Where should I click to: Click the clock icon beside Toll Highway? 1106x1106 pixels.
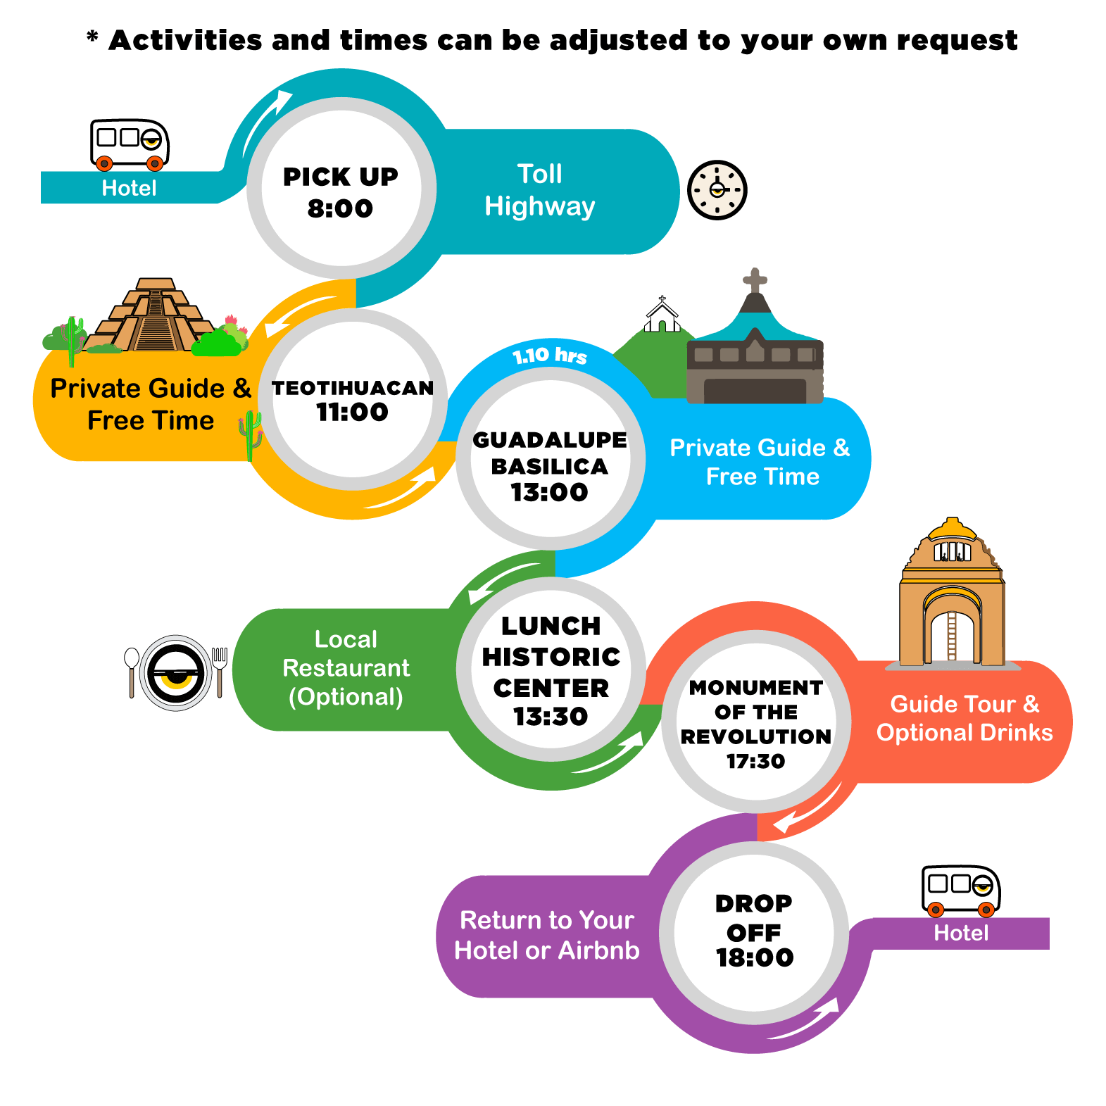pyautogui.click(x=717, y=190)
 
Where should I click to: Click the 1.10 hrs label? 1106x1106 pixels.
pyautogui.click(x=550, y=356)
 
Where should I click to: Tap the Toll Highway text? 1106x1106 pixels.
pyautogui.click(x=540, y=190)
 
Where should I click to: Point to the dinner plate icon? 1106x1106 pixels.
pyautogui.click(x=176, y=673)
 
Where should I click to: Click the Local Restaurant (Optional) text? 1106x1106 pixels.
pyautogui.click(x=346, y=668)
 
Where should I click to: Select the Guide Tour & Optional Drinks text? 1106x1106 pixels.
pyautogui.click(x=964, y=718)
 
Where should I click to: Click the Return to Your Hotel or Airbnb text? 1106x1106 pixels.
pyautogui.click(x=547, y=936)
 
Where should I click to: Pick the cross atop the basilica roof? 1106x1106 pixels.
pyautogui.click(x=755, y=280)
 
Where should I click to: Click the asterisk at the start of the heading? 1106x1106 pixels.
pyautogui.click(x=92, y=36)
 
